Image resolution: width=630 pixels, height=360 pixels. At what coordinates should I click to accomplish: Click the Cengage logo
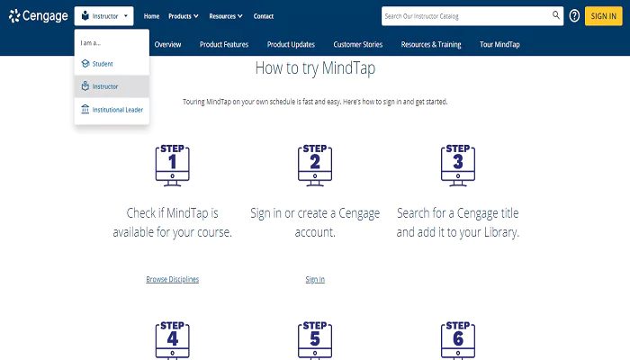(38, 15)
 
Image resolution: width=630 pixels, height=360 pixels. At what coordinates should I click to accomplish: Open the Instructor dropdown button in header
(104, 16)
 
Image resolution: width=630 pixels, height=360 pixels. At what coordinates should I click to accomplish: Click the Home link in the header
(151, 16)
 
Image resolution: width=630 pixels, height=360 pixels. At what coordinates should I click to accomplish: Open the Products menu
(183, 16)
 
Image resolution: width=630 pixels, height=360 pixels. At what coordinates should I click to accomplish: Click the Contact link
(264, 16)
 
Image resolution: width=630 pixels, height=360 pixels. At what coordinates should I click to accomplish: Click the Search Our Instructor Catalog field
(464, 16)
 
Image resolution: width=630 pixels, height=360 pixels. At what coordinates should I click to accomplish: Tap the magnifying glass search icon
(556, 16)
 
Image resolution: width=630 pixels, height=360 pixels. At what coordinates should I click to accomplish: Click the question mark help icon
(574, 16)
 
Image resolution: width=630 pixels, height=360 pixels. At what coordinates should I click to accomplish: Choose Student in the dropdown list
(103, 63)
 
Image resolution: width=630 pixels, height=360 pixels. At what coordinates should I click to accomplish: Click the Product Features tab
(225, 45)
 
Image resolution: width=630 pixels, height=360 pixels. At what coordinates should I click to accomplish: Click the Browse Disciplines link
(173, 279)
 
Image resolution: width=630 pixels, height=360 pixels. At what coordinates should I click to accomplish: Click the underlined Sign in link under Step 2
(315, 279)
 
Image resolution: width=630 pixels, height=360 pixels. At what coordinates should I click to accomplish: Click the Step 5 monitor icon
(315, 338)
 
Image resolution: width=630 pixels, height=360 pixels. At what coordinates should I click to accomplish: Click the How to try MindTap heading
(315, 68)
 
